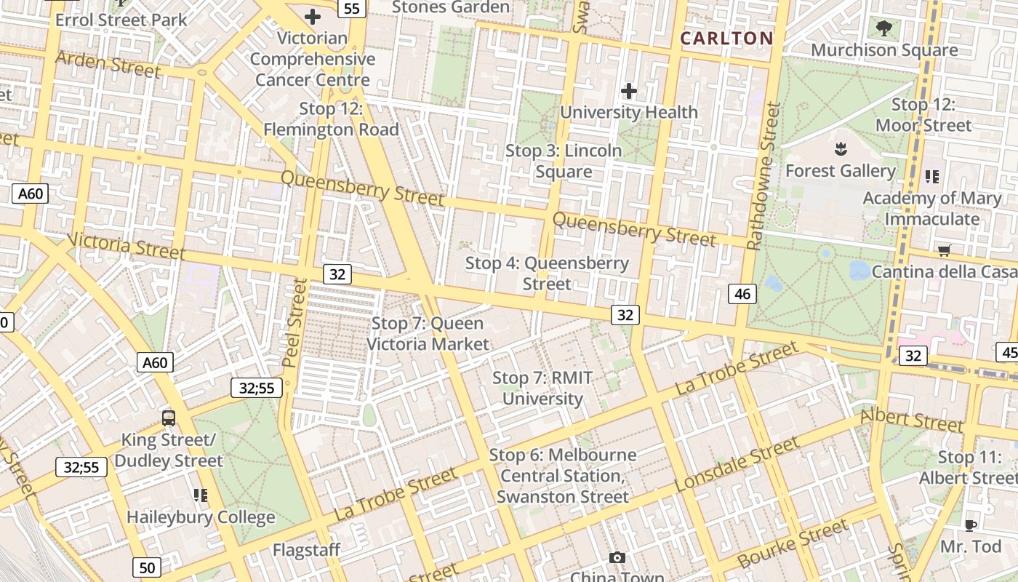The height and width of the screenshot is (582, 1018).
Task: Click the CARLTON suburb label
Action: pyautogui.click(x=726, y=39)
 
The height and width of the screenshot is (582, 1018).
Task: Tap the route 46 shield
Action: pyautogui.click(x=742, y=294)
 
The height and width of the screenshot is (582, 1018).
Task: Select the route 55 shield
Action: pyautogui.click(x=352, y=9)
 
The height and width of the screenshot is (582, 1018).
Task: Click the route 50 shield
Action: pyautogui.click(x=147, y=567)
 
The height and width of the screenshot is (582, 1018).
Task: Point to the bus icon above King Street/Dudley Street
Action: pyautogui.click(x=169, y=418)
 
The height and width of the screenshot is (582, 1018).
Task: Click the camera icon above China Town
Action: pyautogui.click(x=617, y=557)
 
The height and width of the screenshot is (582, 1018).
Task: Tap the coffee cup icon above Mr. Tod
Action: pyautogui.click(x=970, y=525)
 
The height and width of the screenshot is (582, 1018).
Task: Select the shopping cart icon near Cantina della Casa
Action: pyautogui.click(x=945, y=250)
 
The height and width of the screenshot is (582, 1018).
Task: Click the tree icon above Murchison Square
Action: pyautogui.click(x=884, y=29)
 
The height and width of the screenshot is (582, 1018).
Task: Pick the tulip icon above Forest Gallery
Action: pyautogui.click(x=841, y=150)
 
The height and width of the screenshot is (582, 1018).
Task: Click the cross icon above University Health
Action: pyautogui.click(x=629, y=91)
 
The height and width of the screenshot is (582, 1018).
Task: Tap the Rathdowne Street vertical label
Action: pyautogui.click(x=763, y=177)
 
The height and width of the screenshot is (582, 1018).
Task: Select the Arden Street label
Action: pyautogui.click(x=107, y=63)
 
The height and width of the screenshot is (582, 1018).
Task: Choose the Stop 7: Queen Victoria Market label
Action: pyautogui.click(x=428, y=333)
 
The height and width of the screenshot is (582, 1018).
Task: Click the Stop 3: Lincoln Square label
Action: pyautogui.click(x=564, y=161)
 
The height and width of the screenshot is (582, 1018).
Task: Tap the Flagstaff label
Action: pyautogui.click(x=306, y=550)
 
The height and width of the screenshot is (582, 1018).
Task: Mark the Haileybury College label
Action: pyautogui.click(x=201, y=517)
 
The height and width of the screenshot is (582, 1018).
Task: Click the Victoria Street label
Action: pyautogui.click(x=125, y=245)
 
